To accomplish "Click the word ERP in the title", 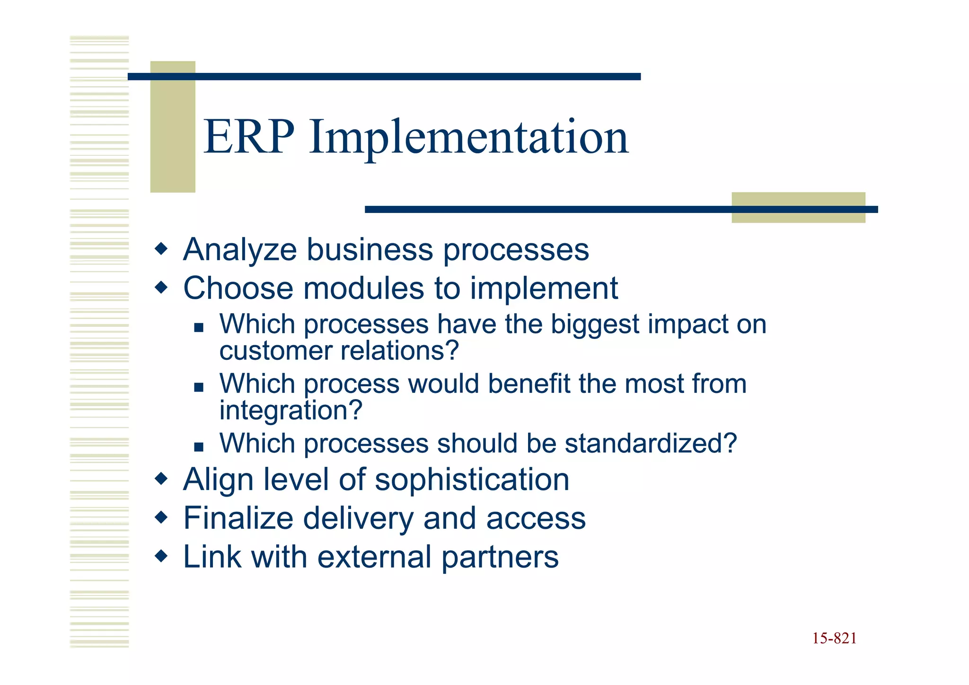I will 249,137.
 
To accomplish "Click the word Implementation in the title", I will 468,138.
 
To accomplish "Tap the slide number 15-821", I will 834,639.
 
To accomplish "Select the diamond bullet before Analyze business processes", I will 161,249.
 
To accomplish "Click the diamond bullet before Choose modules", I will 161,287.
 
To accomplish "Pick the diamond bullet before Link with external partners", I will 161,556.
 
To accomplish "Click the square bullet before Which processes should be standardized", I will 199,446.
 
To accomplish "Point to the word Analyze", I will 240,250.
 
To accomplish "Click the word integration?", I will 291,411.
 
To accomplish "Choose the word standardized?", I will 651,444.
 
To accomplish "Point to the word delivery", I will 358,519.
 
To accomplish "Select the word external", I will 374,557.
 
